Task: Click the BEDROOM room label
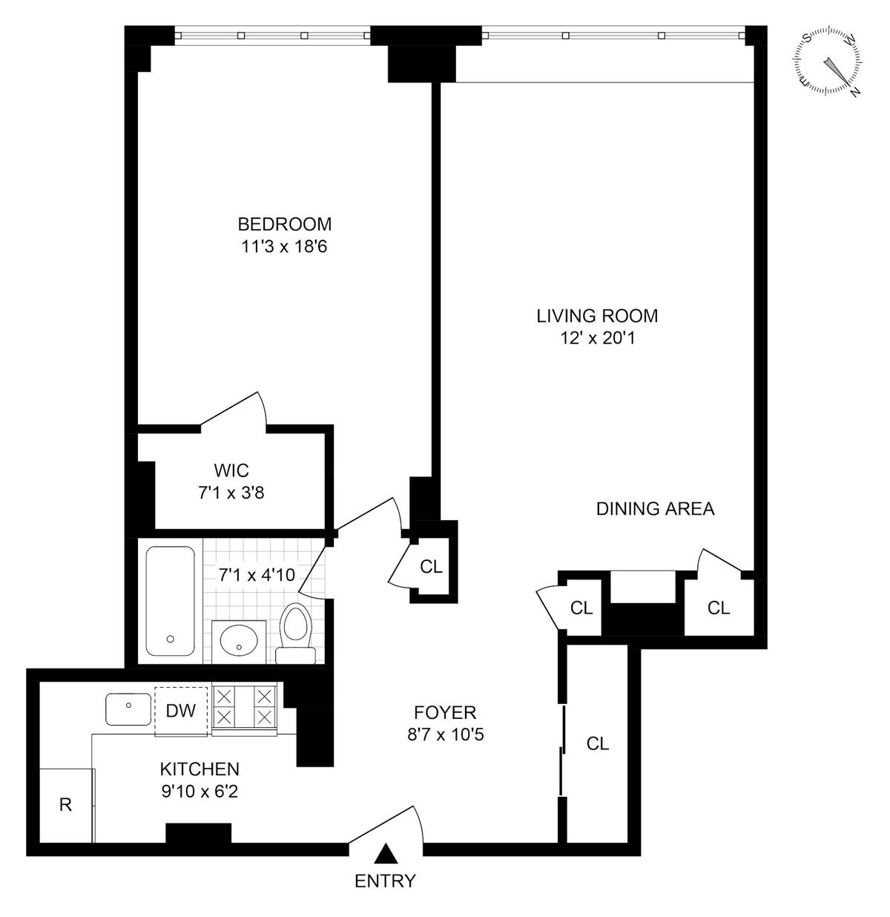point(285,224)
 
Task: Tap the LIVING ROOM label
point(597,316)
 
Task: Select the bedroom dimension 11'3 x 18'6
point(284,246)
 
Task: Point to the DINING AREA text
point(656,509)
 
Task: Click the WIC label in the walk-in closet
point(231,470)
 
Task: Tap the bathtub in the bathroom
point(170,601)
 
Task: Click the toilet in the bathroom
point(295,634)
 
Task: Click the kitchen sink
point(128,709)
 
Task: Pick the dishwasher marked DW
point(181,711)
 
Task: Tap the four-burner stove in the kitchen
point(245,710)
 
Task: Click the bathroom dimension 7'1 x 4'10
point(257,575)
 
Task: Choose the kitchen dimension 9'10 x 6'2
point(200,791)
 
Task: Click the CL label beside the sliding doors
point(598,743)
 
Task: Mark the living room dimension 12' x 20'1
point(598,338)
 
